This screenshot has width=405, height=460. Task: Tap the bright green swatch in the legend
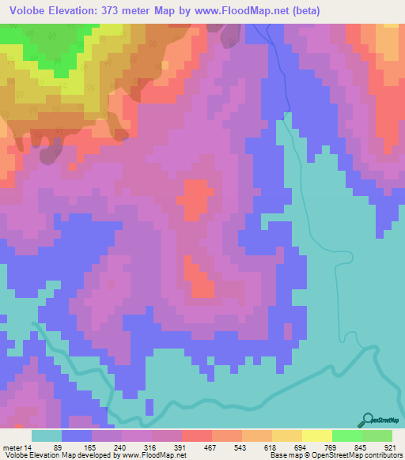tap(347, 435)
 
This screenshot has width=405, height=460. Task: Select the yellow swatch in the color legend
tap(317, 435)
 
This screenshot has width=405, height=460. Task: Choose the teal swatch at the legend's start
tap(47, 435)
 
